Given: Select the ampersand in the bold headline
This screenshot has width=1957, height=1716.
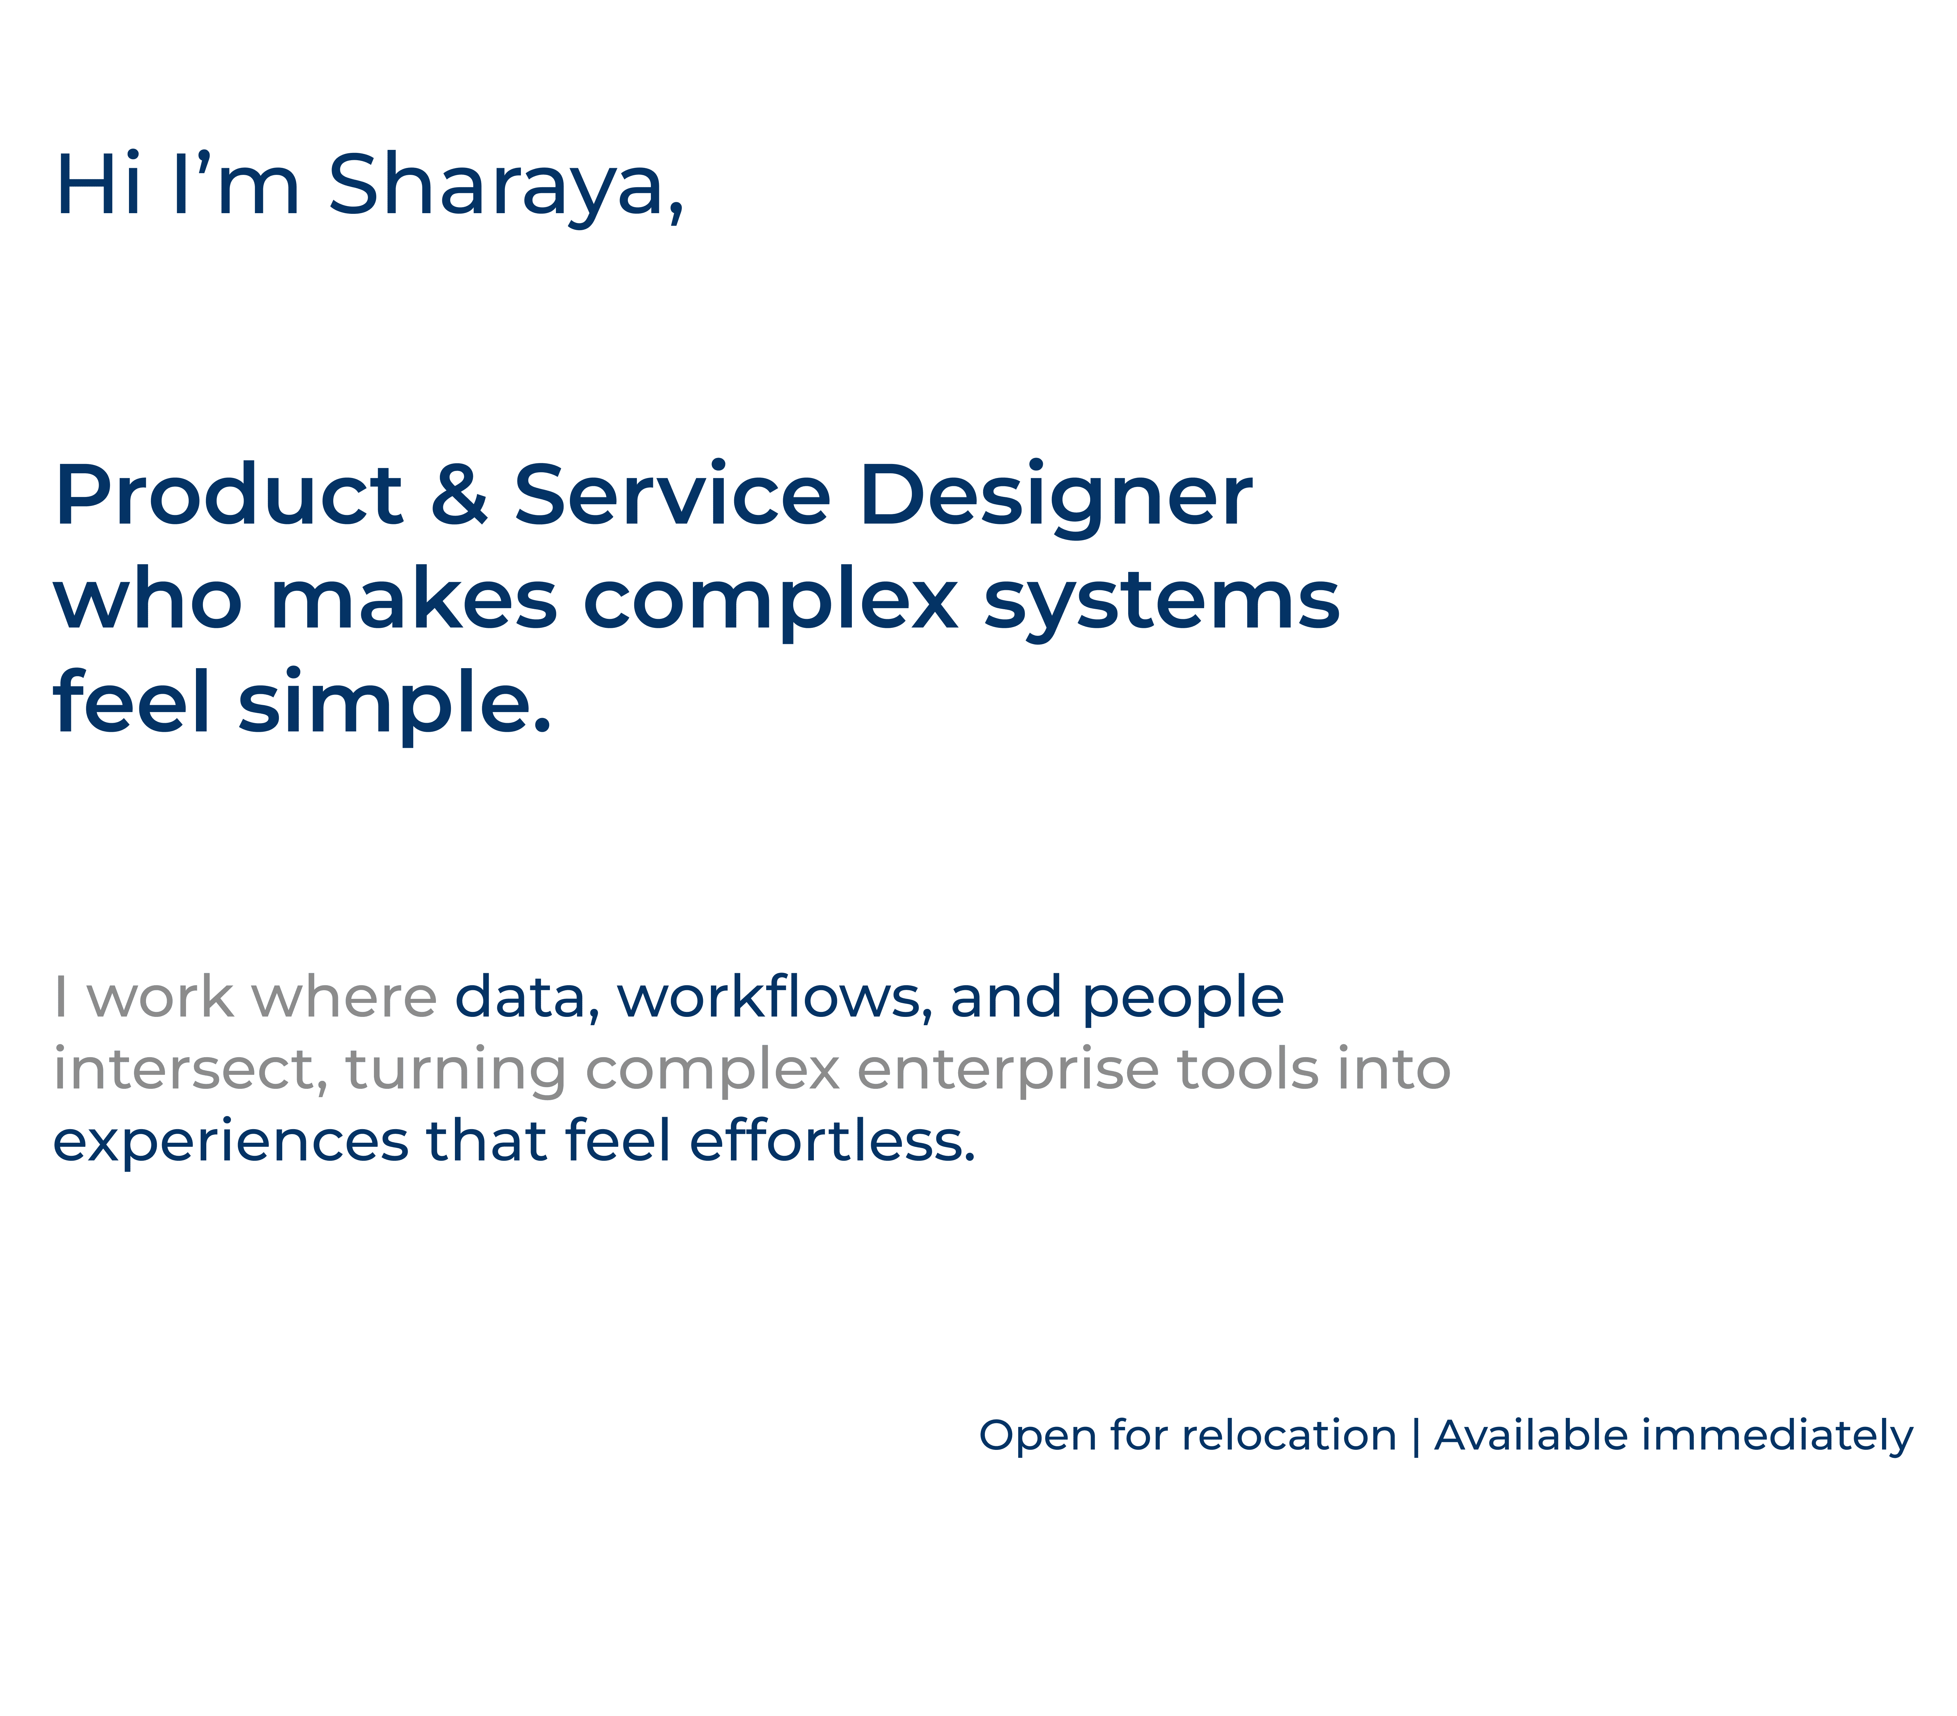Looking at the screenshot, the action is tap(460, 495).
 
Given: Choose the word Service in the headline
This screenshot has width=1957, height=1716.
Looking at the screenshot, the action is tap(672, 495).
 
